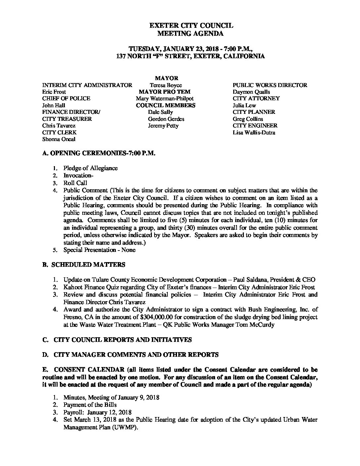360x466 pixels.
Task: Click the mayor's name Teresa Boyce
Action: click(165, 85)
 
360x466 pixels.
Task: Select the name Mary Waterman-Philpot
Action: click(164, 99)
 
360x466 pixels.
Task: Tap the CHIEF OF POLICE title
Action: click(66, 99)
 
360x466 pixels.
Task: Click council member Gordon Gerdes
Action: click(166, 119)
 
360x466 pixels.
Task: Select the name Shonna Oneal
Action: click(59, 139)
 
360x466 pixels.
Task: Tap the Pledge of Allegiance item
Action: click(90, 168)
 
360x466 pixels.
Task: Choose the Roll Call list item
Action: click(75, 183)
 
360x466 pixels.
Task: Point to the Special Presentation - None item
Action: click(99, 250)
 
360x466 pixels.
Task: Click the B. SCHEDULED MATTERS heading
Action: click(84, 264)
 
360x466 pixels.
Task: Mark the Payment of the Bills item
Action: click(90, 405)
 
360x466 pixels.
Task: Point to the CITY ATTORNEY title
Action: click(256, 99)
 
